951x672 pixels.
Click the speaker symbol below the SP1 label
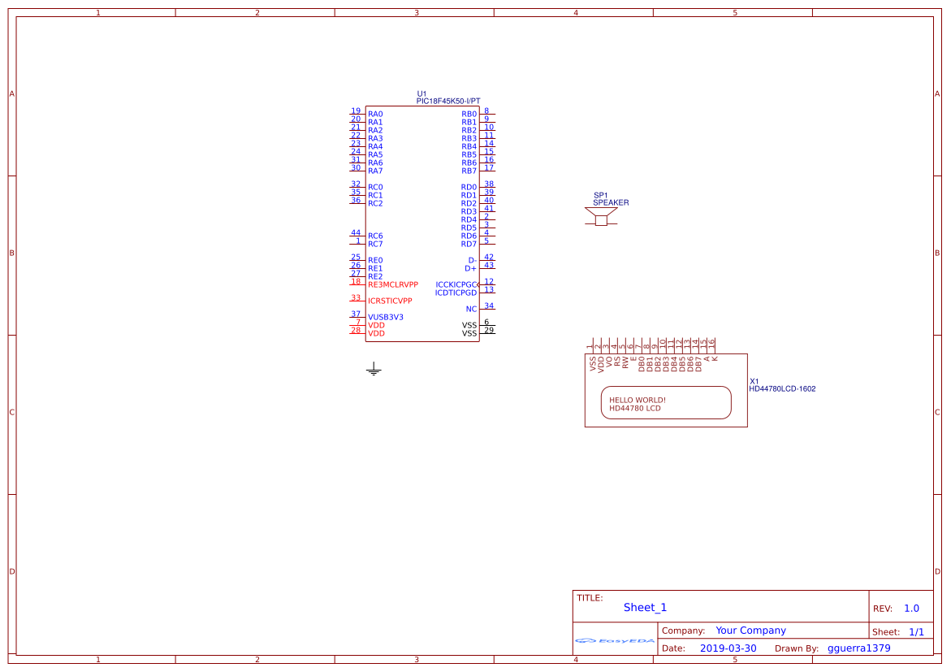[x=601, y=217]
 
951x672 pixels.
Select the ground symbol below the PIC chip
[x=374, y=370]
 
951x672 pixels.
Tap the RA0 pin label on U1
[x=375, y=115]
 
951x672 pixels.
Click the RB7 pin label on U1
[x=469, y=171]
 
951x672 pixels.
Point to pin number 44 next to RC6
[x=356, y=233]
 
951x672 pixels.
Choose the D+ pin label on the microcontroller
[x=470, y=268]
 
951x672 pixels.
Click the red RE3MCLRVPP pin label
[x=393, y=285]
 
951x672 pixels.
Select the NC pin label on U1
[x=471, y=310]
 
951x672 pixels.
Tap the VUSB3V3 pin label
[x=386, y=318]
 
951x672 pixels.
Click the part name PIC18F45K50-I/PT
[x=448, y=102]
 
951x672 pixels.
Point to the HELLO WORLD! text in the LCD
[x=638, y=400]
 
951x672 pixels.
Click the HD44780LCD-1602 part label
[x=782, y=389]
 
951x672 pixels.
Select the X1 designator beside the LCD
[x=754, y=381]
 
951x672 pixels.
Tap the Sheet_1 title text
[x=645, y=608]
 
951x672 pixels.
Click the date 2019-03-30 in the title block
[x=728, y=648]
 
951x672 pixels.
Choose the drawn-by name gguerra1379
[x=858, y=648]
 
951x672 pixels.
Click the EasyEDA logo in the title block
[x=615, y=640]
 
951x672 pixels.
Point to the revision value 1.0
[x=911, y=609]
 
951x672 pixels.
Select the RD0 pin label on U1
[x=469, y=188]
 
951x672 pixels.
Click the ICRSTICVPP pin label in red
[x=390, y=301]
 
